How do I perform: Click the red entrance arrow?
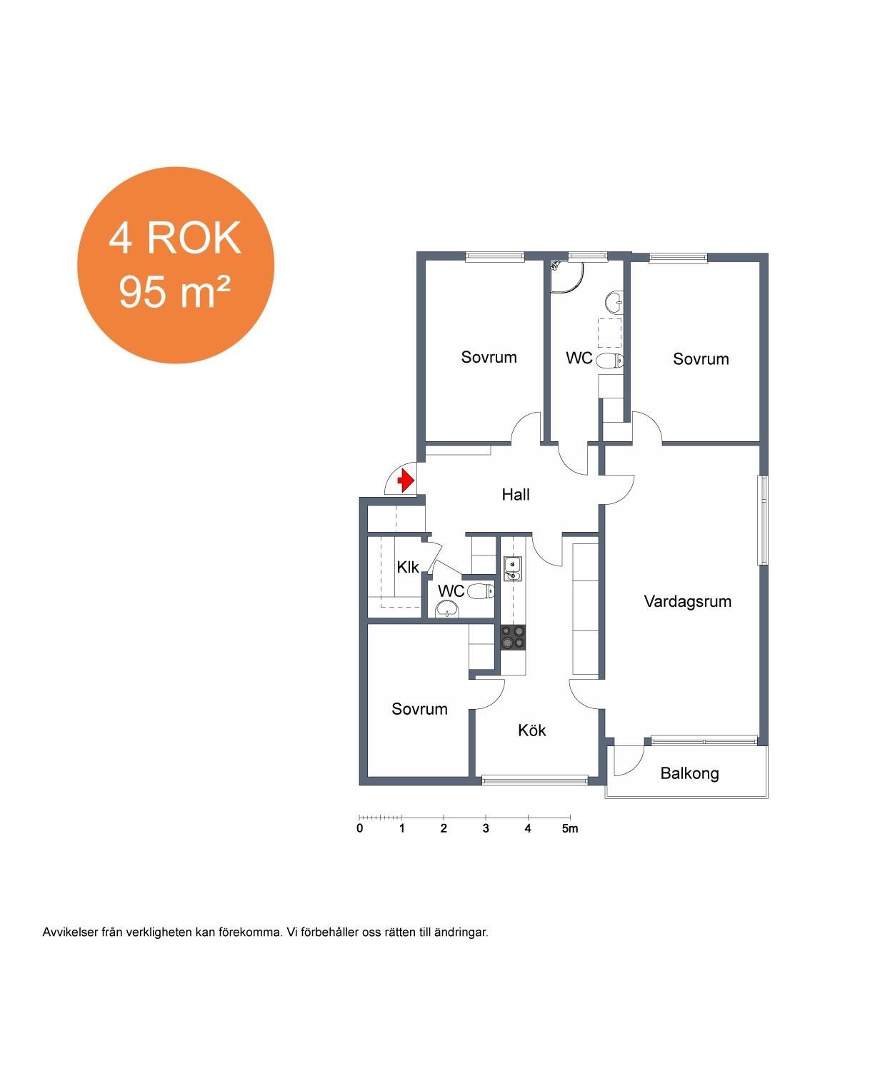coord(406,481)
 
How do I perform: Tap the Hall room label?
coord(515,495)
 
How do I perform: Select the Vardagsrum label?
coord(687,601)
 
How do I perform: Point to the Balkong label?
coord(689,773)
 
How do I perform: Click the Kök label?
coord(531,730)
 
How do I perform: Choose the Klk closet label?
coord(408,568)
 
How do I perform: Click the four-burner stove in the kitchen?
coord(513,638)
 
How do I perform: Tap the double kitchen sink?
coord(512,569)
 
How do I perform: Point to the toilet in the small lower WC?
coord(481,591)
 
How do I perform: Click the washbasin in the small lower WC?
coord(448,610)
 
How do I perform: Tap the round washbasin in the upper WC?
coord(614,301)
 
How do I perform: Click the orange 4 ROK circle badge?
coord(176,265)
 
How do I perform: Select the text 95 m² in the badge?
coord(174,292)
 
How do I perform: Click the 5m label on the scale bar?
coord(570,828)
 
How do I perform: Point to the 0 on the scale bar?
coord(360,828)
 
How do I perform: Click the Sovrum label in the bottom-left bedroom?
coord(419,709)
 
